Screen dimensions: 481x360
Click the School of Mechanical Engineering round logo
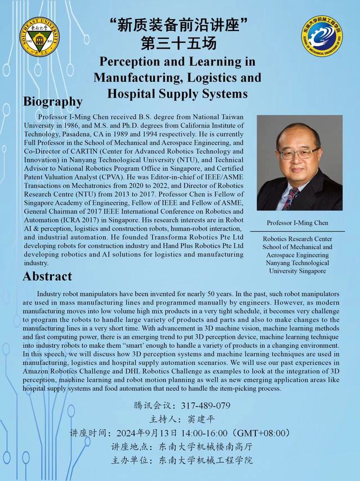click(322, 34)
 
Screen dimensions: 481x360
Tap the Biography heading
click(53, 102)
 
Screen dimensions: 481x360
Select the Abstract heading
click(47, 276)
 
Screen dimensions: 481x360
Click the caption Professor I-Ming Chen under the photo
click(298, 223)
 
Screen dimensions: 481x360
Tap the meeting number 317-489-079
click(207, 406)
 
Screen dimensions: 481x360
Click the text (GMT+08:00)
click(263, 433)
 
